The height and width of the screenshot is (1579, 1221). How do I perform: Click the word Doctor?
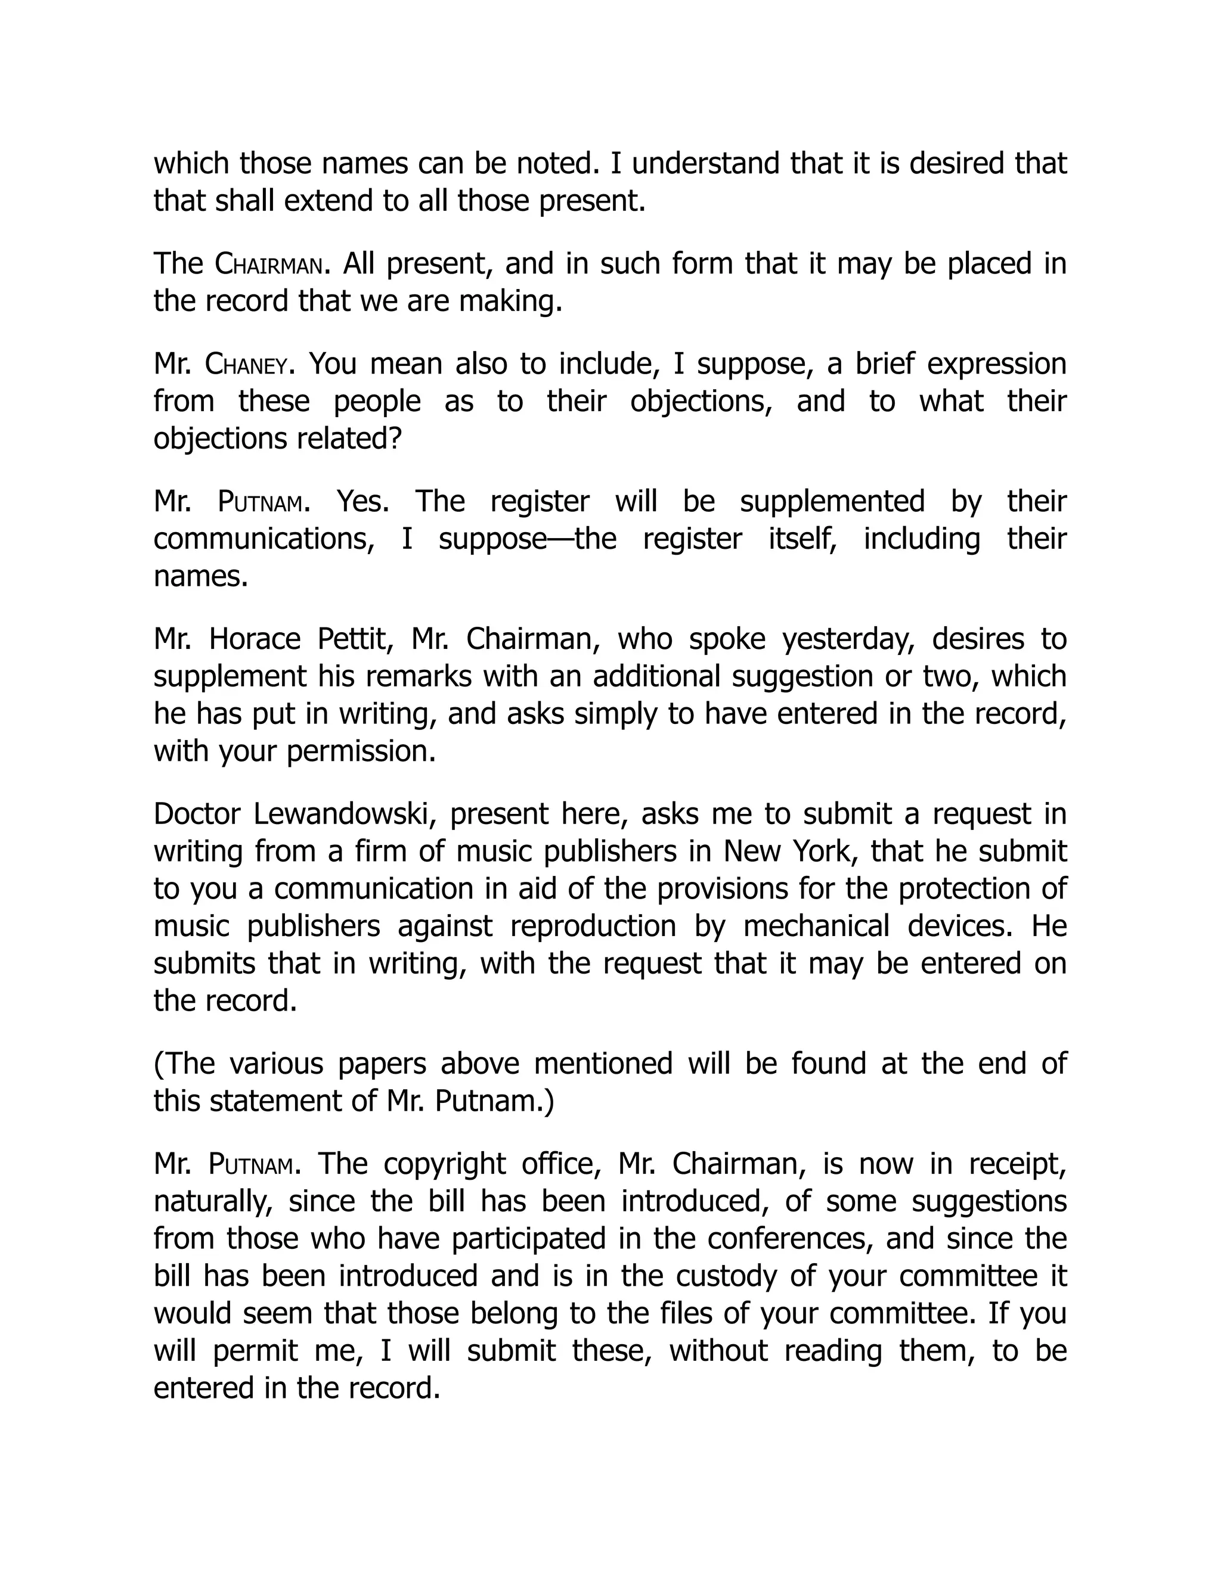197,814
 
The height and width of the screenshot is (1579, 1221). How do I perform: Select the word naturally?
213,1202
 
